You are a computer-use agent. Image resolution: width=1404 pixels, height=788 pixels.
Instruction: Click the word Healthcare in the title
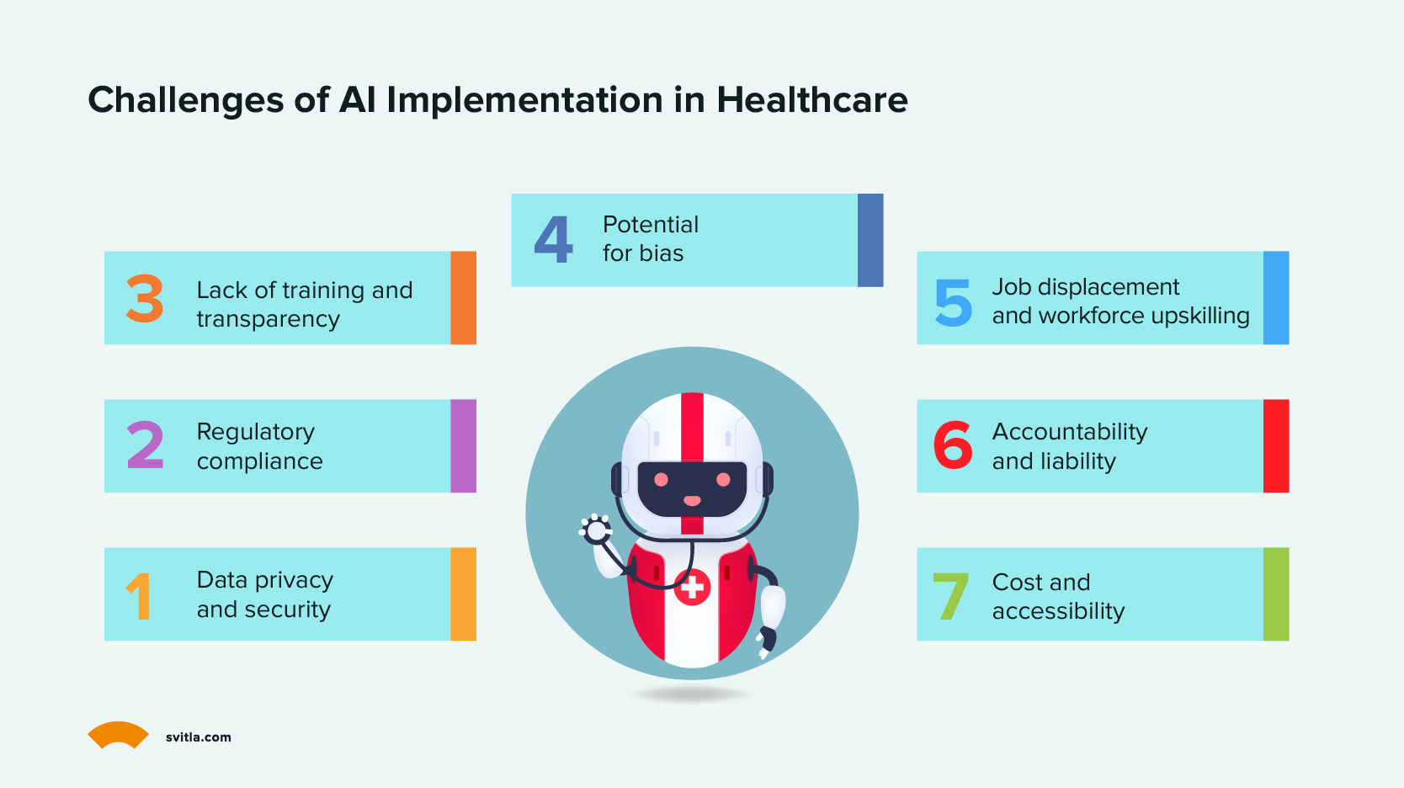coord(811,99)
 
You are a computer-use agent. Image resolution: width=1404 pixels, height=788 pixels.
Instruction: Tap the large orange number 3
coord(144,298)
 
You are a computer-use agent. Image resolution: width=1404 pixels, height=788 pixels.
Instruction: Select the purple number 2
coord(145,445)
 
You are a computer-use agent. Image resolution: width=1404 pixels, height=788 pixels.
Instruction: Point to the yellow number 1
coord(139,595)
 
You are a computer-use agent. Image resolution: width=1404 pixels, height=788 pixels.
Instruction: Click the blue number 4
coord(554,239)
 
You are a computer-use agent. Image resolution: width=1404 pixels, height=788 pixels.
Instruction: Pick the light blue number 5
coord(953,303)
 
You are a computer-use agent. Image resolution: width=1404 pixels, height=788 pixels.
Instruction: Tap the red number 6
coord(953,445)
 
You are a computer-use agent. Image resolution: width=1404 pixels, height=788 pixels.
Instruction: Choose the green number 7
coord(950,595)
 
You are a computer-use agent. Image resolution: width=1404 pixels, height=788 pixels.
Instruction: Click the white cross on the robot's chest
coord(692,588)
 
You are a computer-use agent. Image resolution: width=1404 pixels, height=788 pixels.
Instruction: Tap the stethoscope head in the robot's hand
coord(595,530)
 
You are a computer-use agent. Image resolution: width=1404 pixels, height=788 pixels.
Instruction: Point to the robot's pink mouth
coord(692,501)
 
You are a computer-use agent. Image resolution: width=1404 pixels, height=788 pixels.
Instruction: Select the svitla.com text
coord(198,737)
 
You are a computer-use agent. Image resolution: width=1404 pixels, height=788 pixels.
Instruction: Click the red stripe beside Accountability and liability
coord(1275,445)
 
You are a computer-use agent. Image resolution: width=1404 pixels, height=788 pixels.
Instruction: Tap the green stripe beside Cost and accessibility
coord(1275,594)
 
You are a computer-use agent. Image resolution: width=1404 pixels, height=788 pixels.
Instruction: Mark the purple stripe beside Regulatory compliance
coord(463,445)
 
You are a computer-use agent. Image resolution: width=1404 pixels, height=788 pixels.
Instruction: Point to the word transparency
coord(269,320)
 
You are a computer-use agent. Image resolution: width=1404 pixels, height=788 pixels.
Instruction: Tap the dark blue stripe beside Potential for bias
coord(870,240)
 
